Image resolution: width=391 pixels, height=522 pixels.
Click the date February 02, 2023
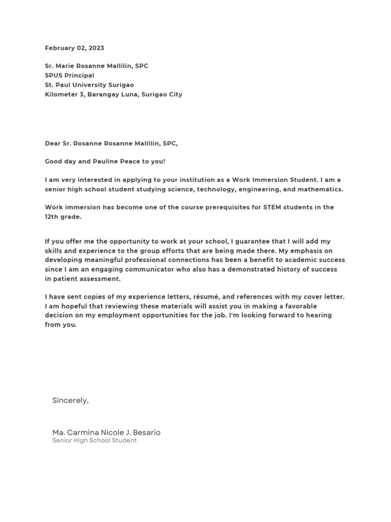[74, 48]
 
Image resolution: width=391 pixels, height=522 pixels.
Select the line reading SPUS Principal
[69, 75]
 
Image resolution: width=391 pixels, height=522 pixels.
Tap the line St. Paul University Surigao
[90, 85]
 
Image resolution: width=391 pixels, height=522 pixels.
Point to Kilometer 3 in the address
[64, 94]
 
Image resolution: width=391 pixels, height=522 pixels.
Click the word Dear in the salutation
[53, 144]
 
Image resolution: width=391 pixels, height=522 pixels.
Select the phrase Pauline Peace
[111, 162]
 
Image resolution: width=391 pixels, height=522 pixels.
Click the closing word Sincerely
[70, 401]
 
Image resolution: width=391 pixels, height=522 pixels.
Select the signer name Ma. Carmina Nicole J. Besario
[106, 432]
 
